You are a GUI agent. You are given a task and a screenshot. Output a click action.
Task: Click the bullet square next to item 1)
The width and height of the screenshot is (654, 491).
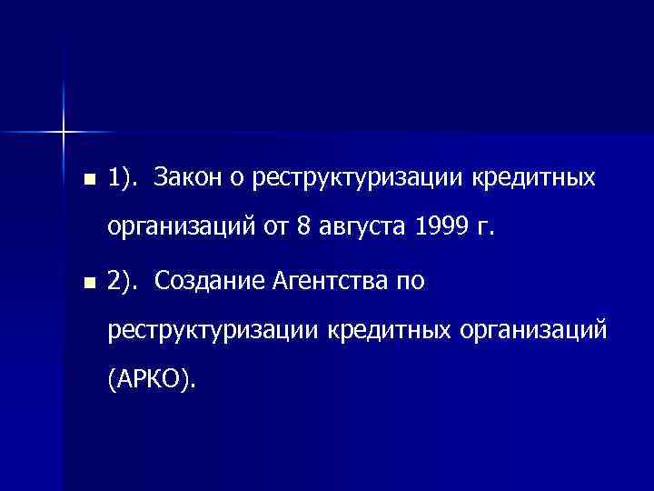point(86,177)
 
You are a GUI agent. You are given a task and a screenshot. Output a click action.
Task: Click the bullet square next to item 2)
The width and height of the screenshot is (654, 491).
point(86,283)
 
